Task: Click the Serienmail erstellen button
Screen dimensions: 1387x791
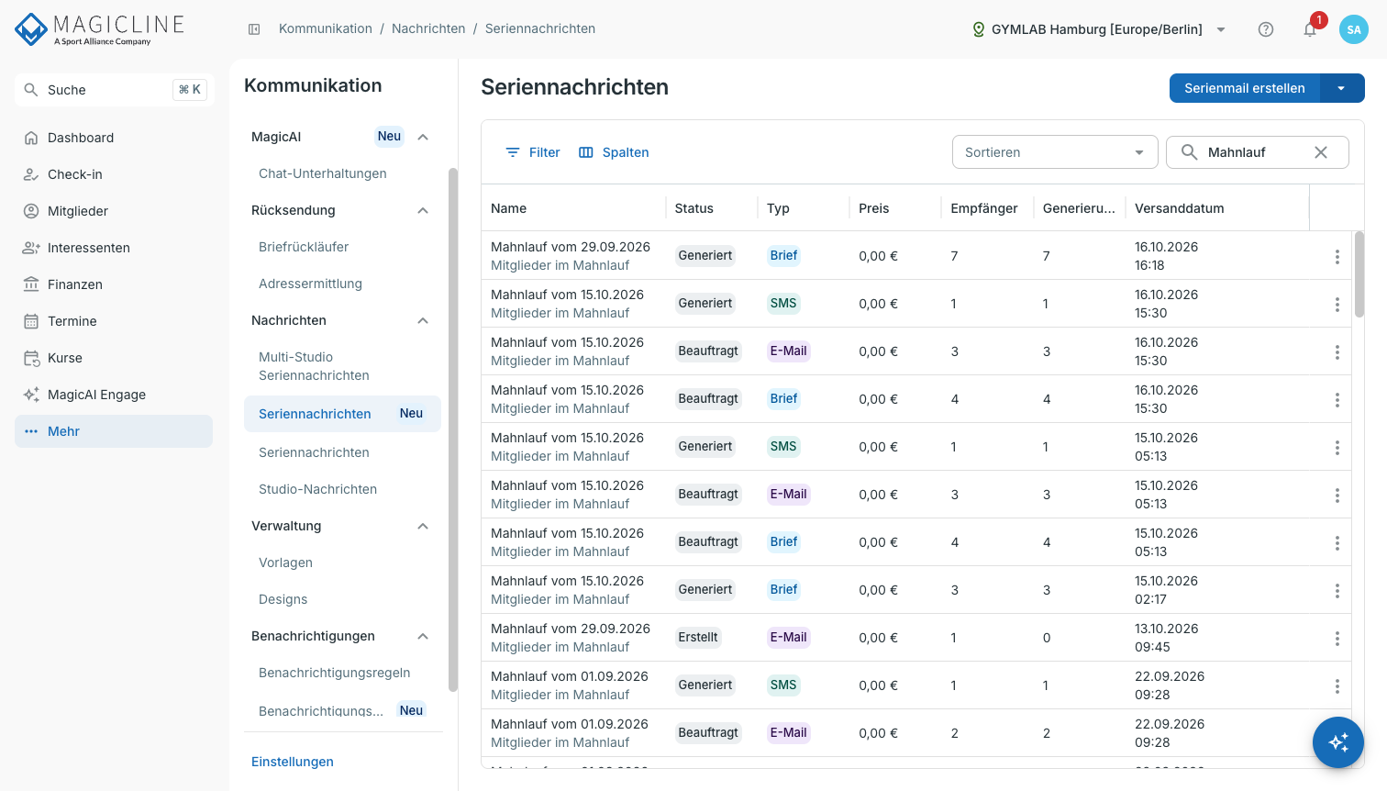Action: [x=1245, y=88]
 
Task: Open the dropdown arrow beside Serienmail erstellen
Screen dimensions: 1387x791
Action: [x=1342, y=88]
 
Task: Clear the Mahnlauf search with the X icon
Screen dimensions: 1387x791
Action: [x=1321, y=152]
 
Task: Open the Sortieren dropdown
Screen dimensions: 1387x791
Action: [x=1055, y=152]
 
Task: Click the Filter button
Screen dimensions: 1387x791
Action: [x=532, y=152]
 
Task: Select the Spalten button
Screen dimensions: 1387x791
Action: [x=614, y=152]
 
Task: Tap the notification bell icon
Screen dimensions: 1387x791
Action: [x=1310, y=29]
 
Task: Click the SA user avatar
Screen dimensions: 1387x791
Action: [x=1354, y=29]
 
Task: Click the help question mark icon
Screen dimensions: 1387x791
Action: [x=1266, y=29]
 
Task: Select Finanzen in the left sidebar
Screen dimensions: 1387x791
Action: [x=75, y=284]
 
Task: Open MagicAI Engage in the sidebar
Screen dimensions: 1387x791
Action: [x=96, y=395]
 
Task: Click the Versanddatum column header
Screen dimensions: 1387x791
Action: [x=1179, y=208]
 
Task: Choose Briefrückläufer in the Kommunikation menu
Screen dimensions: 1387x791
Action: [x=304, y=247]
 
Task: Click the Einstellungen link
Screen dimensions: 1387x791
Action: [x=293, y=762]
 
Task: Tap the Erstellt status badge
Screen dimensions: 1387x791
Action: [x=698, y=637]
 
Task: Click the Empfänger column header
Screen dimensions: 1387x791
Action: [x=984, y=208]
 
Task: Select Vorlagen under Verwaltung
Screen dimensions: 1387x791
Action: [x=285, y=563]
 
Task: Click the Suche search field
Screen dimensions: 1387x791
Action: [x=115, y=90]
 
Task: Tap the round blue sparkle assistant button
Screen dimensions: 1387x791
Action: [x=1338, y=742]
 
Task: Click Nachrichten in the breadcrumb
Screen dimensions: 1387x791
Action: [x=428, y=28]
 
